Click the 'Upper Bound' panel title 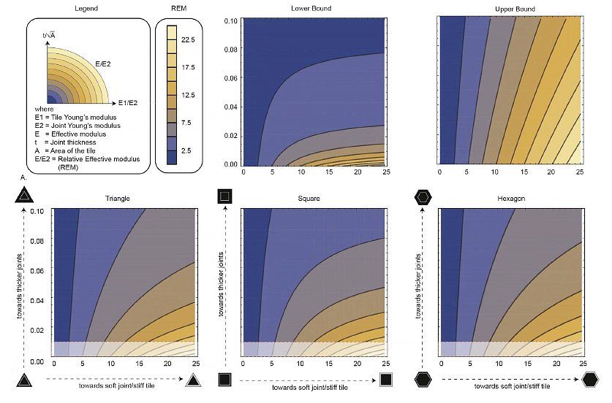point(509,9)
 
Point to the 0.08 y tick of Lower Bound point(232,50)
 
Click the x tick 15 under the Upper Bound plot point(522,172)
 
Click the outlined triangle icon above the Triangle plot point(24,195)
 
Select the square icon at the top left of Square point(224,195)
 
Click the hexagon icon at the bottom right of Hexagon point(591,380)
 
